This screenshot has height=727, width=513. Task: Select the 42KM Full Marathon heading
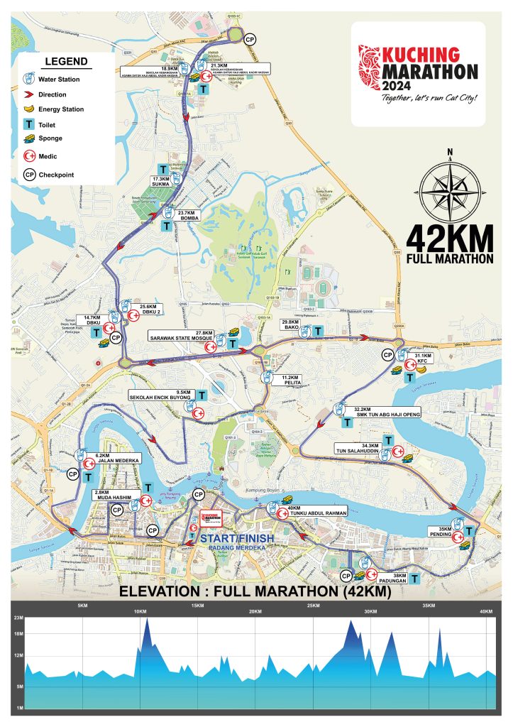click(449, 246)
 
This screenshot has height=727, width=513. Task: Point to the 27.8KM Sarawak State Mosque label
click(181, 335)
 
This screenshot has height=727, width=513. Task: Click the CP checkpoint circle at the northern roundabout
click(250, 40)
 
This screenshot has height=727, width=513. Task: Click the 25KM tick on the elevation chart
click(312, 606)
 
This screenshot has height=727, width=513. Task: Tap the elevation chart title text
click(256, 591)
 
